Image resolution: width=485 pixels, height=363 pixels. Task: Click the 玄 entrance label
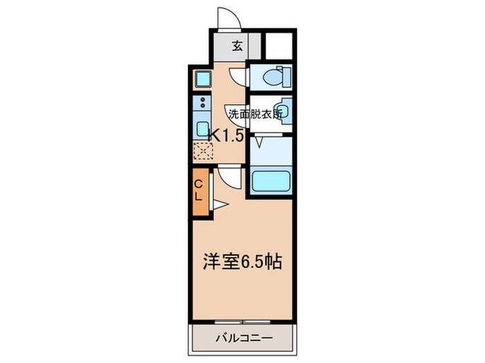click(x=237, y=47)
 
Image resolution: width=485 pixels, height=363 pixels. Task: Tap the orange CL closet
click(x=198, y=190)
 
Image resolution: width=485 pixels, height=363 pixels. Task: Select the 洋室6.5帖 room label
click(x=242, y=263)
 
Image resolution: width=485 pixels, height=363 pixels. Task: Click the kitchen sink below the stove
click(x=202, y=129)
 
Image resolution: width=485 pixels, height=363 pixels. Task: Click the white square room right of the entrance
click(x=279, y=46)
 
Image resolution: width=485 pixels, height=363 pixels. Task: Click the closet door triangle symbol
click(x=220, y=204)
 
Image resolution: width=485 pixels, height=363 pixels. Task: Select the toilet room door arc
click(x=237, y=77)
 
